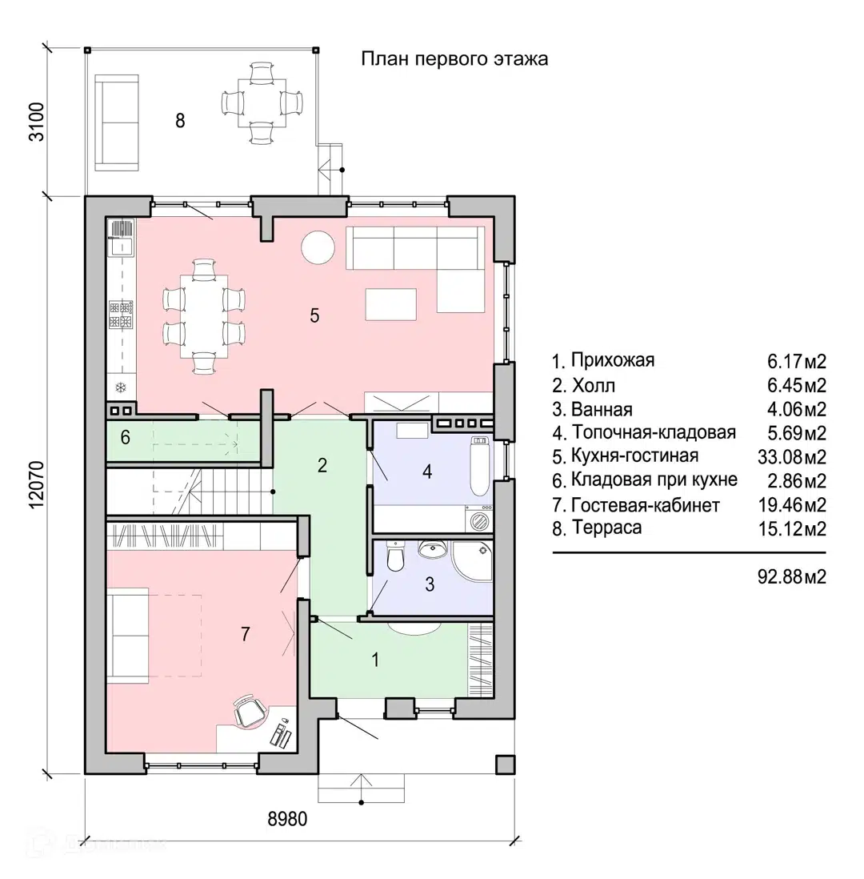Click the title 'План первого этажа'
point(454,59)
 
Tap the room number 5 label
point(314,315)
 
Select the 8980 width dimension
point(287,819)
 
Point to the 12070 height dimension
point(37,485)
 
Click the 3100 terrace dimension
point(37,122)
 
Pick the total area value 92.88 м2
point(792,576)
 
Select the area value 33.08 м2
point(792,457)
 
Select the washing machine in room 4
point(479,519)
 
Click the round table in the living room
point(318,247)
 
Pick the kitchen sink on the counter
point(122,239)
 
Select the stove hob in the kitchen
point(121,315)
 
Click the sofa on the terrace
point(117,122)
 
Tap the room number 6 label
point(126,437)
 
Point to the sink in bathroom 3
point(432,549)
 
